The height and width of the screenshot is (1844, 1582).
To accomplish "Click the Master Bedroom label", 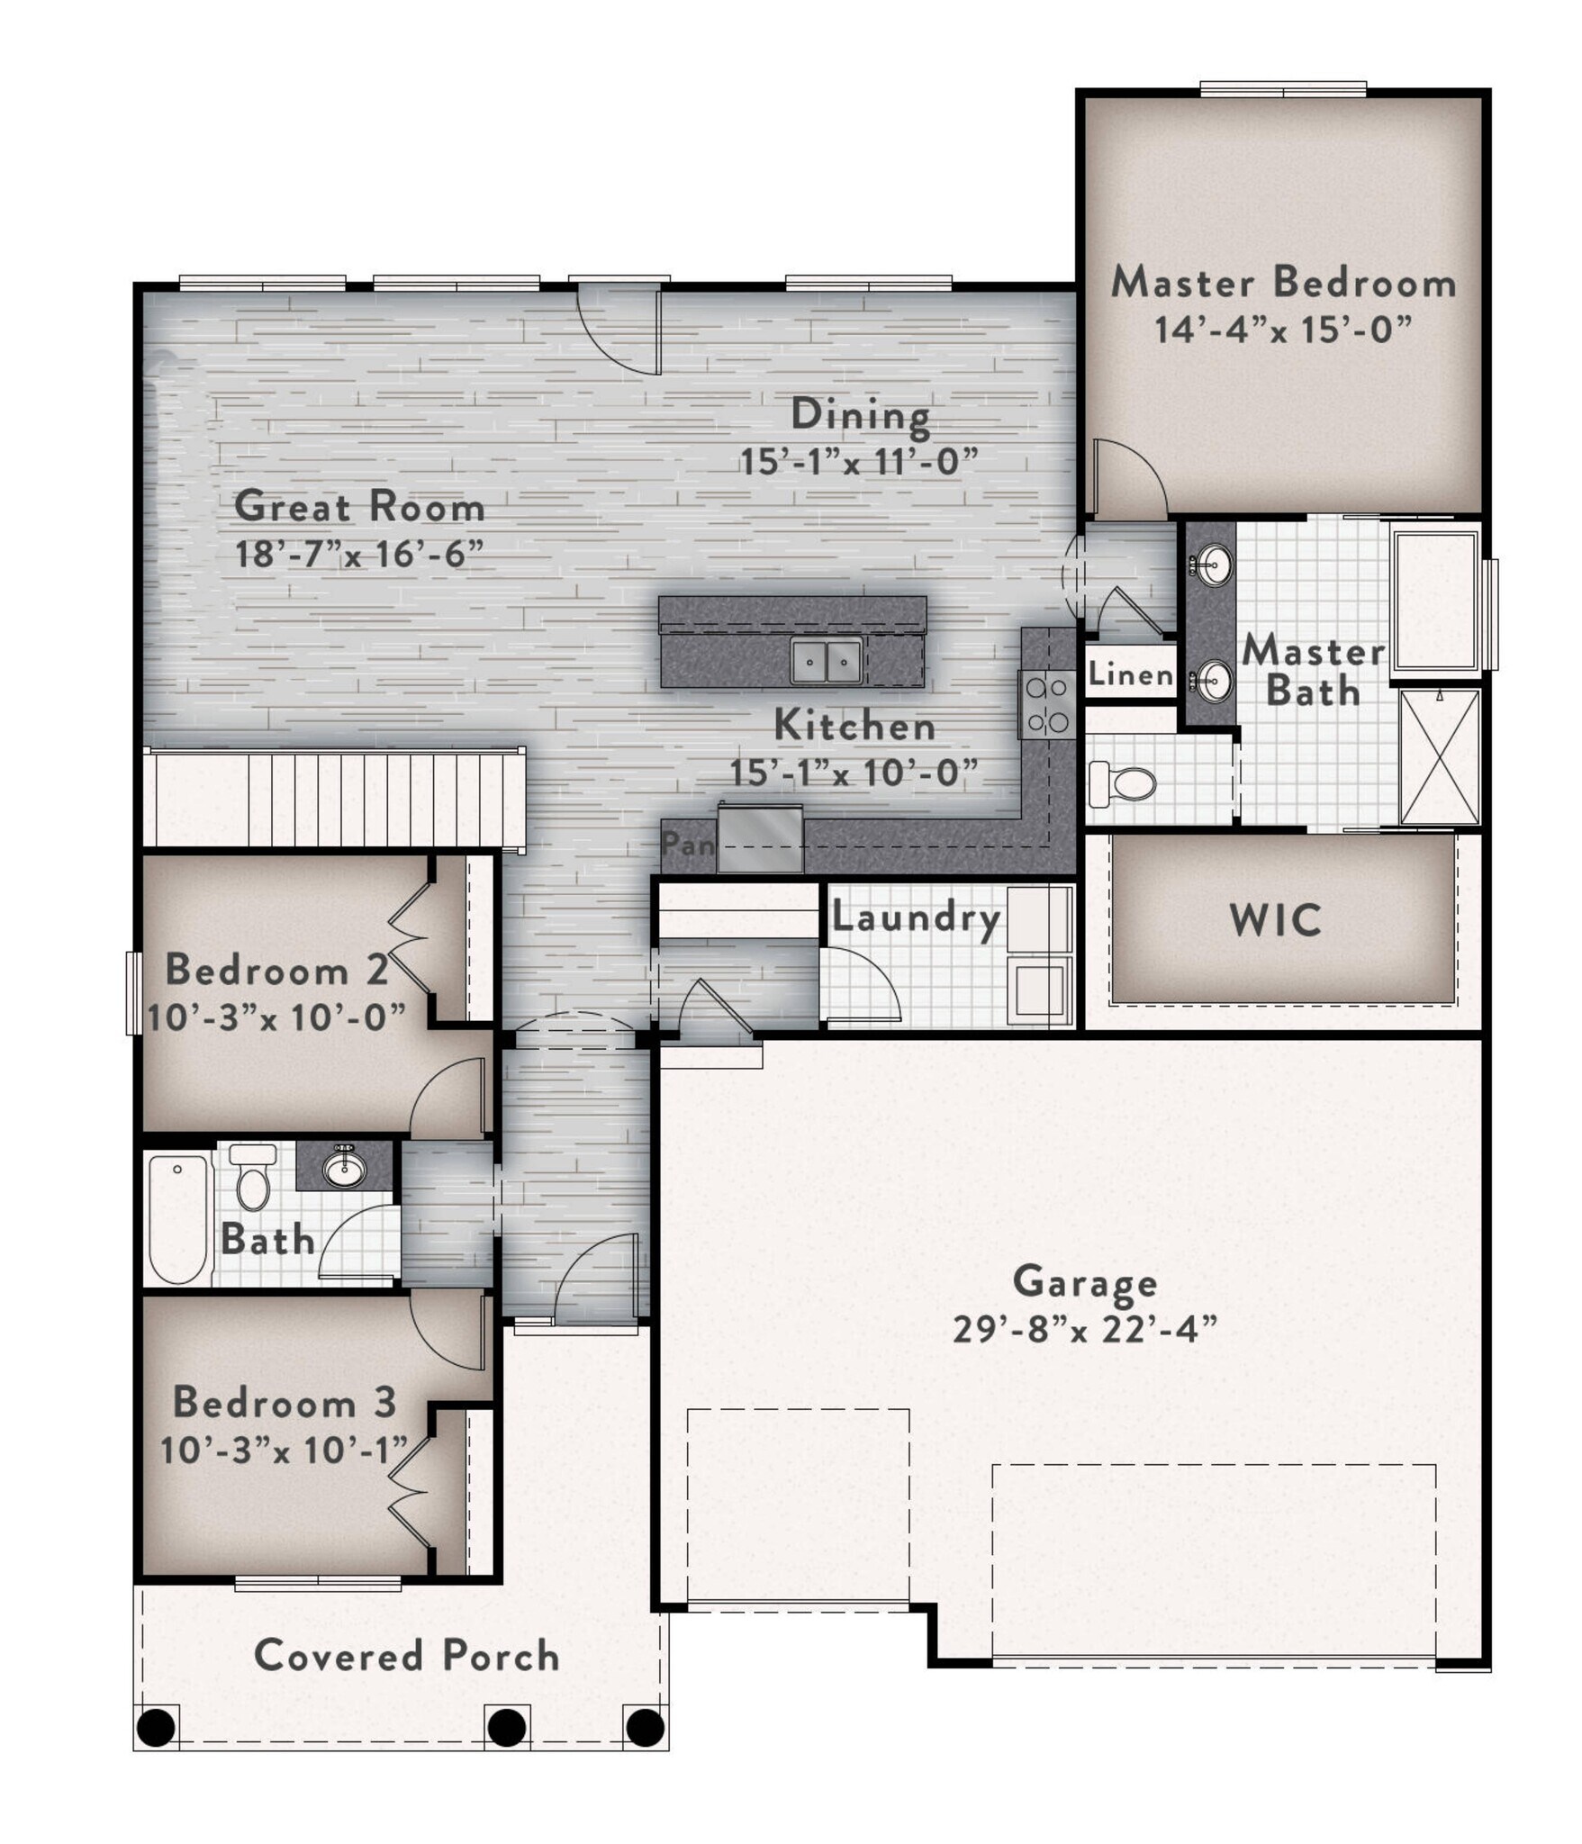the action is (x=1283, y=283).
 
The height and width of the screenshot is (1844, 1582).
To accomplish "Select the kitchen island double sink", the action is (x=827, y=662).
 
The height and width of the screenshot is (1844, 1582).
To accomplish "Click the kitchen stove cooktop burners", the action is (x=1047, y=705).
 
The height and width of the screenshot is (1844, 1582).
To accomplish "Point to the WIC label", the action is (x=1276, y=920).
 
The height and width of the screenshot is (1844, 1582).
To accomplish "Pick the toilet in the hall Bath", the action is (x=252, y=1175).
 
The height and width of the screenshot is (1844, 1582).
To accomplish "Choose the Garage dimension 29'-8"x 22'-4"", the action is (x=1085, y=1328).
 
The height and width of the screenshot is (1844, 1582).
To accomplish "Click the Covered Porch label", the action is (x=407, y=1656).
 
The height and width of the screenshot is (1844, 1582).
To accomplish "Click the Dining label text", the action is (x=860, y=416).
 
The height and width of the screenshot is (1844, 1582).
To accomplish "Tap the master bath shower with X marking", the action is (x=1440, y=757).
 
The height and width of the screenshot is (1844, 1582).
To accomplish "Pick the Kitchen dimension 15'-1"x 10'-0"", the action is (x=854, y=773).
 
